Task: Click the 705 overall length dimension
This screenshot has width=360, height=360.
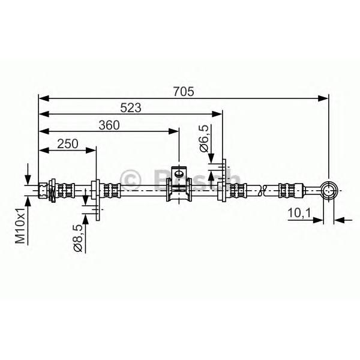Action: (x=184, y=91)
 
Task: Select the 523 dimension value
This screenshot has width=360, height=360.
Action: (x=131, y=107)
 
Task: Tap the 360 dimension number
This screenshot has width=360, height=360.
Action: (x=109, y=125)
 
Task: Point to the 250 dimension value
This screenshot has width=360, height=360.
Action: (x=68, y=144)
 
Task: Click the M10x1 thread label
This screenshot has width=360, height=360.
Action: (x=20, y=226)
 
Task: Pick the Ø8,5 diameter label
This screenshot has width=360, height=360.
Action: (x=77, y=238)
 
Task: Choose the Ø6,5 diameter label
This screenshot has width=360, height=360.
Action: (x=205, y=139)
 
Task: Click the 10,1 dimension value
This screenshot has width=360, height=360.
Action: (x=299, y=213)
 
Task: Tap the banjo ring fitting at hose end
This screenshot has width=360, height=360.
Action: (x=329, y=191)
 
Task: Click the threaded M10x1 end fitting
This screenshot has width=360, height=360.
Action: (x=42, y=190)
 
